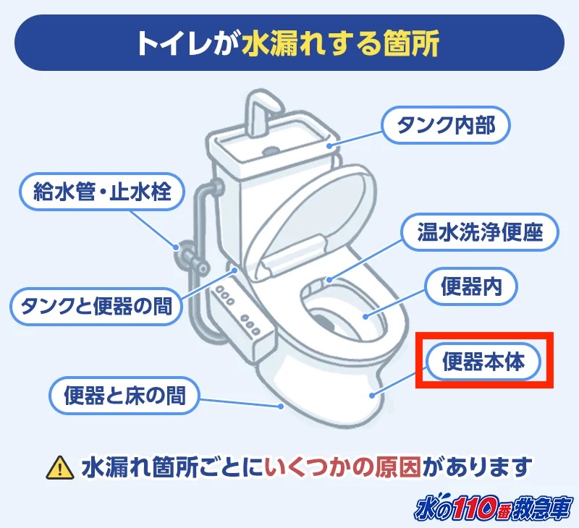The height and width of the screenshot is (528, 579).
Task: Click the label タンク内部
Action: tap(446, 126)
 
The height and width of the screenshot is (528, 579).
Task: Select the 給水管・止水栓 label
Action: tap(101, 191)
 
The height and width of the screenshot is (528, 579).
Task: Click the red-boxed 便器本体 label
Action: tap(483, 361)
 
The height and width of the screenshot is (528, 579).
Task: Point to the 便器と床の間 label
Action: tap(124, 395)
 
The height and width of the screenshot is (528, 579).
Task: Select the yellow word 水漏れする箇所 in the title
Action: tap(340, 43)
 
